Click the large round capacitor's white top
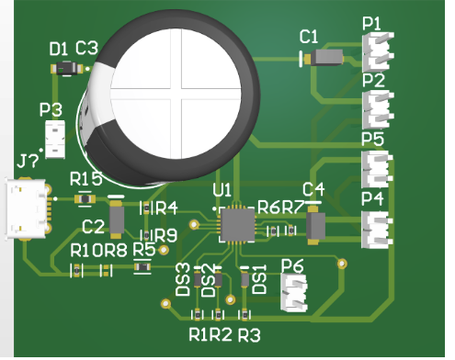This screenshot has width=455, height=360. (x=176, y=94)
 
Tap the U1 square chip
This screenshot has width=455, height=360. (x=237, y=225)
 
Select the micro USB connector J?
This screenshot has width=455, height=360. (x=27, y=208)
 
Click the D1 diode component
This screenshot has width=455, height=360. (x=67, y=69)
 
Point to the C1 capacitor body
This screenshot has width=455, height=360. (x=326, y=58)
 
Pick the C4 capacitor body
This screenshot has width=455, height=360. (x=315, y=226)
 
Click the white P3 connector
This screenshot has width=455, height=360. (x=55, y=140)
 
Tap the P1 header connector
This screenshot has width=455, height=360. (x=377, y=51)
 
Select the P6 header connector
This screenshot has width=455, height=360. (x=294, y=293)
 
